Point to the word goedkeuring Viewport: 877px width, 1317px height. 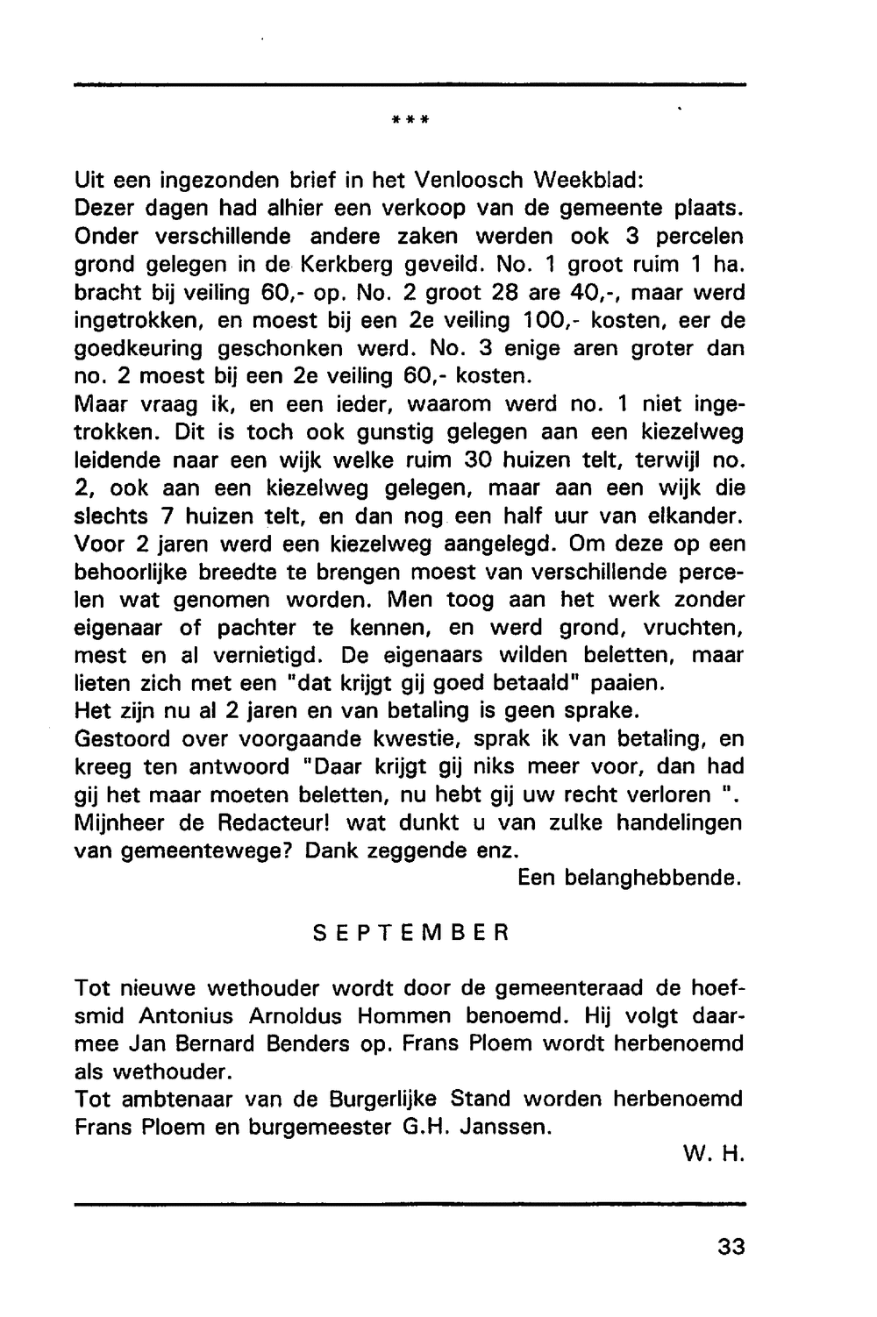(x=139, y=349)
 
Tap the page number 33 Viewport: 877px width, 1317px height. (x=730, y=1246)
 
